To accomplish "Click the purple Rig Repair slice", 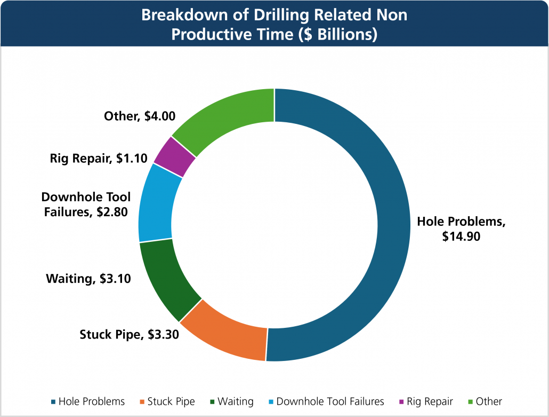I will (x=173, y=156).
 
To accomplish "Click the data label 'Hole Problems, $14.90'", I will (x=461, y=229).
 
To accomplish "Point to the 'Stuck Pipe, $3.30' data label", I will (x=129, y=335).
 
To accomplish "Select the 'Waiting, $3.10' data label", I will (x=88, y=278).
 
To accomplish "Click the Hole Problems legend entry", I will (x=88, y=401).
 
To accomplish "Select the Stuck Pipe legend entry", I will (x=167, y=401).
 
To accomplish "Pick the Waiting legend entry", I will (x=231, y=401).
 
